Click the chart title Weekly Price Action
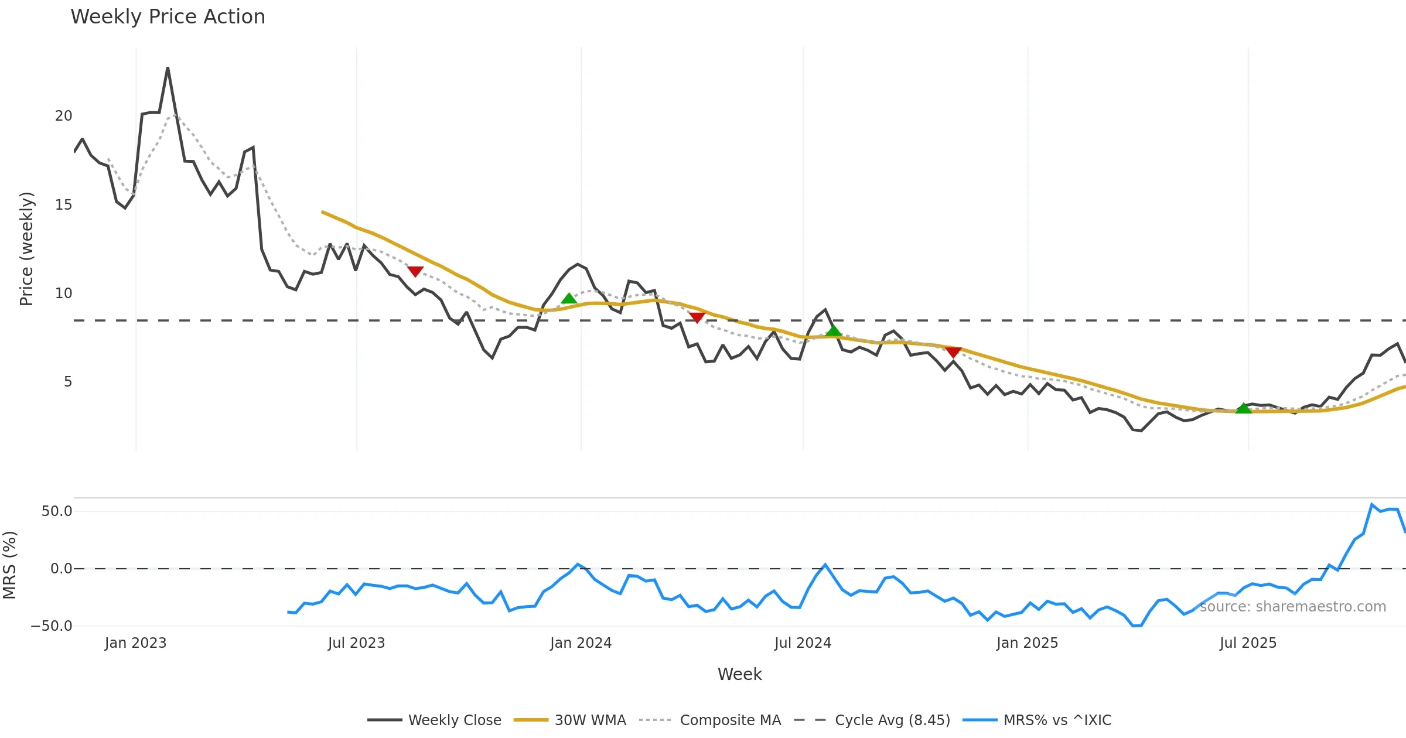[168, 17]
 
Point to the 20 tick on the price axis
[63, 116]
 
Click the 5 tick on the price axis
[68, 382]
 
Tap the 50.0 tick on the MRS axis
[57, 511]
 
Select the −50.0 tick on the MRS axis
[52, 626]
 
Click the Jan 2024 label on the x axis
[581, 643]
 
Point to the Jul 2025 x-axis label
[1248, 643]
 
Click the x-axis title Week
[739, 675]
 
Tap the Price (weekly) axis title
[27, 249]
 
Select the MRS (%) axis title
[10, 565]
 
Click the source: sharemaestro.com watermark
[1292, 607]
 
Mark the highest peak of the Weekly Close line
[168, 68]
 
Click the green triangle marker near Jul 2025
[1243, 408]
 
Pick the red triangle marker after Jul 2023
[415, 271]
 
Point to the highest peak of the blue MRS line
[1371, 504]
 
